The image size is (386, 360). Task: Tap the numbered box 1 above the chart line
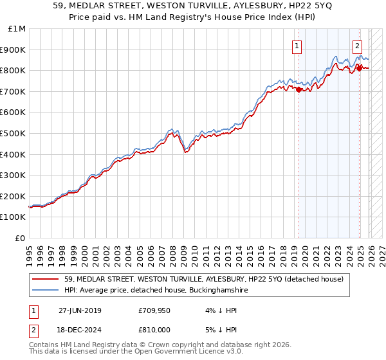click(x=297, y=46)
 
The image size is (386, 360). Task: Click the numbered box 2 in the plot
click(x=357, y=46)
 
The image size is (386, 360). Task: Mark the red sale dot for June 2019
click(x=299, y=89)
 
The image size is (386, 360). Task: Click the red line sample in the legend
click(x=46, y=279)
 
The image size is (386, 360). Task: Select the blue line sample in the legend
click(x=46, y=291)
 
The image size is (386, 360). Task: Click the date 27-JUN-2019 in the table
click(x=80, y=310)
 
